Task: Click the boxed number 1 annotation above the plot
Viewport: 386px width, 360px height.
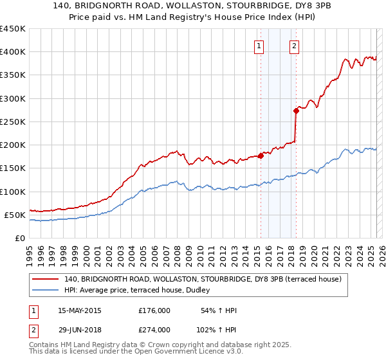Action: pos(259,46)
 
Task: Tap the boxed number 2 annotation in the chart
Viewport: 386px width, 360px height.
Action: pos(294,46)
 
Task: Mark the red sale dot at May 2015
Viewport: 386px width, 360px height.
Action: pos(261,156)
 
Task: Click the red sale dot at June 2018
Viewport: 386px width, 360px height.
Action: pos(297,111)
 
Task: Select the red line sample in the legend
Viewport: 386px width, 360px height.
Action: pos(46,280)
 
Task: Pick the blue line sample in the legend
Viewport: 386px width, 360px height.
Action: pos(46,291)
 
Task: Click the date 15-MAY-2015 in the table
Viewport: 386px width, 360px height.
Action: pos(80,310)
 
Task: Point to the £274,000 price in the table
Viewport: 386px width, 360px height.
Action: pos(154,329)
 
